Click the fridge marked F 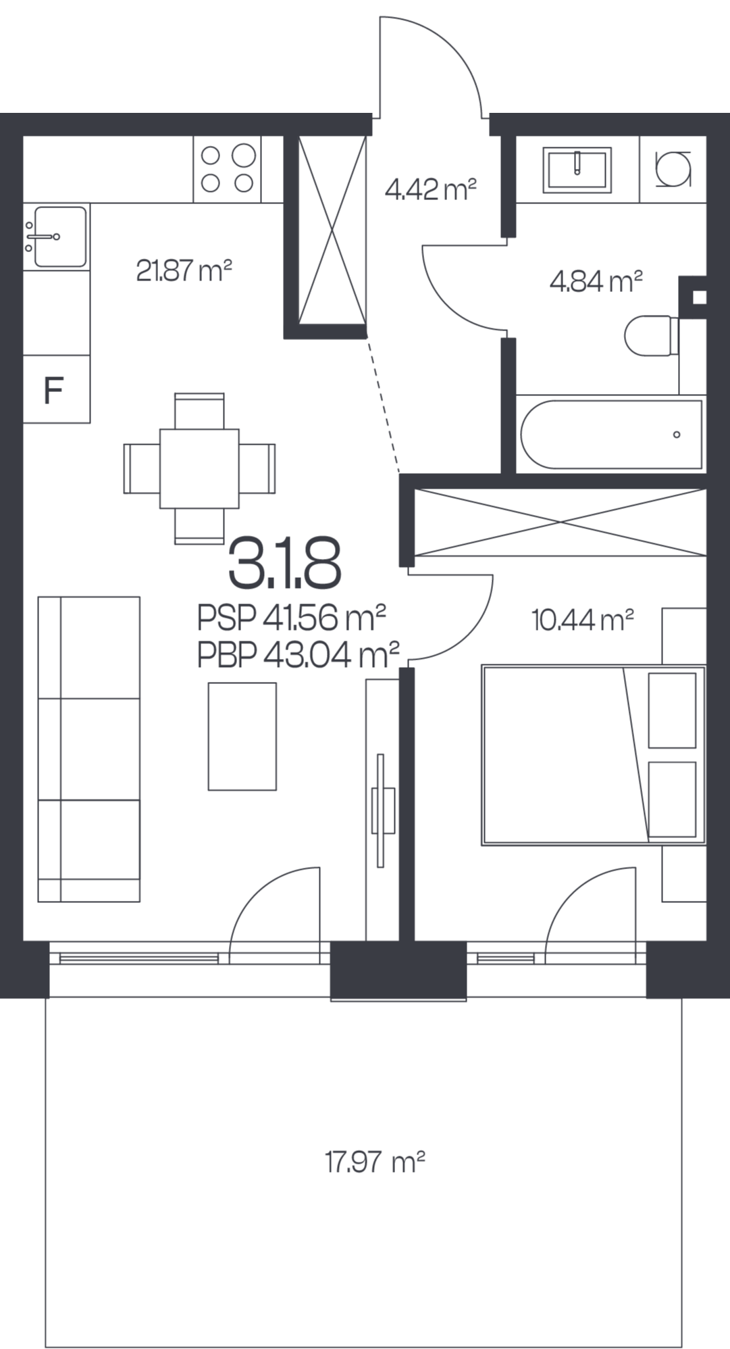57,389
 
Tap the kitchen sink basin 60,237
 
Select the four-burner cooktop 228,169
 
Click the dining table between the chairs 199,468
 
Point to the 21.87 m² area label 184,271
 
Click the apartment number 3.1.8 284,563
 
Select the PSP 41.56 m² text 292,616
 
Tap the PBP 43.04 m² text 298,654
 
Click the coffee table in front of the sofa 242,736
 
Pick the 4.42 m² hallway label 431,190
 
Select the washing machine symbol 673,168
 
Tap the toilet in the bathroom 652,336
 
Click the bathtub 611,434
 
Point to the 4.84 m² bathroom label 596,281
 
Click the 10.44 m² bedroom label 583,619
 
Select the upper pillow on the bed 672,710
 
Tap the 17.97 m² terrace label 375,1162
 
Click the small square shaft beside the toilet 700,297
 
